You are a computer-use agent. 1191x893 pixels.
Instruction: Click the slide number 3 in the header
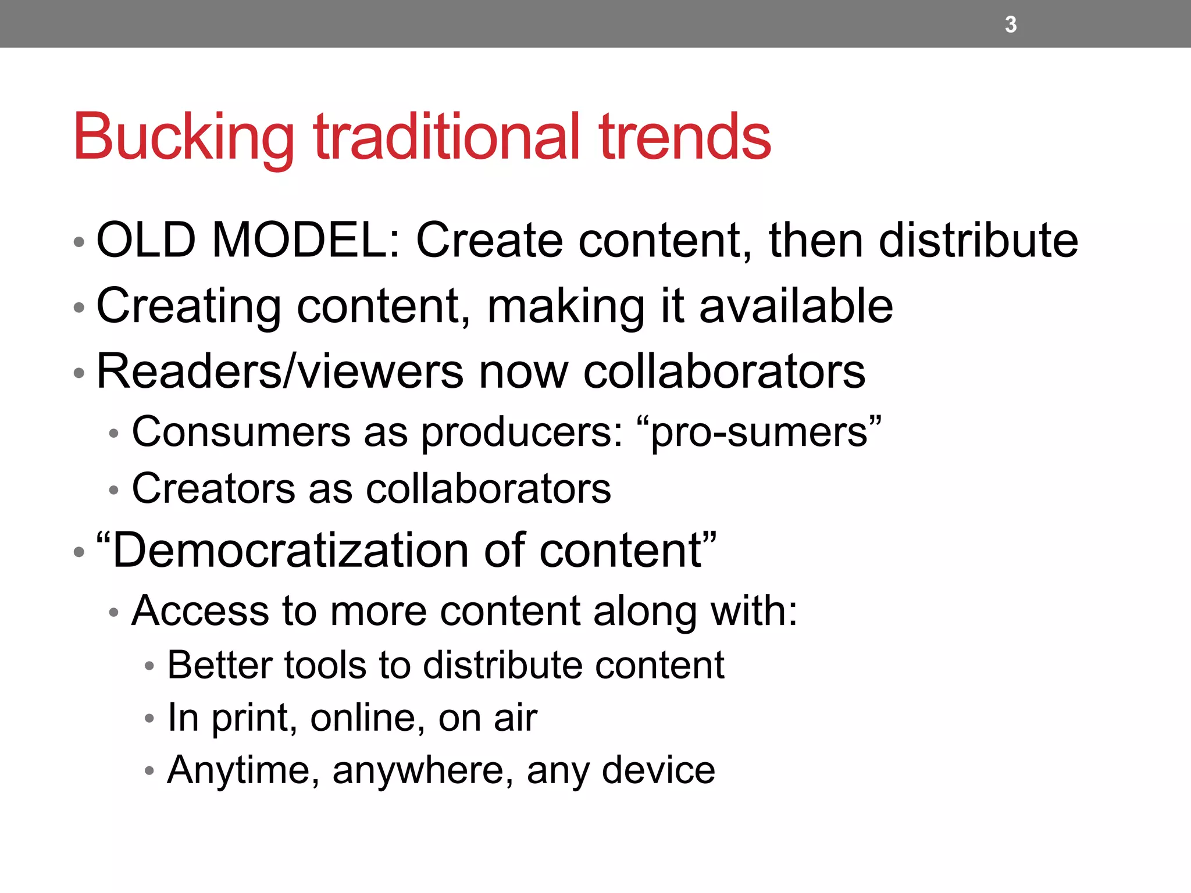[1011, 24]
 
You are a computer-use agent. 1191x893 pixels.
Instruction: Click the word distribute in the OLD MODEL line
[979, 240]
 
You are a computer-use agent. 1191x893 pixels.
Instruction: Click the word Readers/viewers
[280, 372]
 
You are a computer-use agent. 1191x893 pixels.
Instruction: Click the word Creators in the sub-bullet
[213, 488]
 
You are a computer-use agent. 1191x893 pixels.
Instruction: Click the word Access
[201, 611]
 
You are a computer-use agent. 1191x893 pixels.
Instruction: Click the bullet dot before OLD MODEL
[80, 241]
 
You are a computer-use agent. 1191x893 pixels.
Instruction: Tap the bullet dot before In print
[149, 719]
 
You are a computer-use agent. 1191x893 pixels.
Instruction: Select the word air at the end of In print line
[515, 718]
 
